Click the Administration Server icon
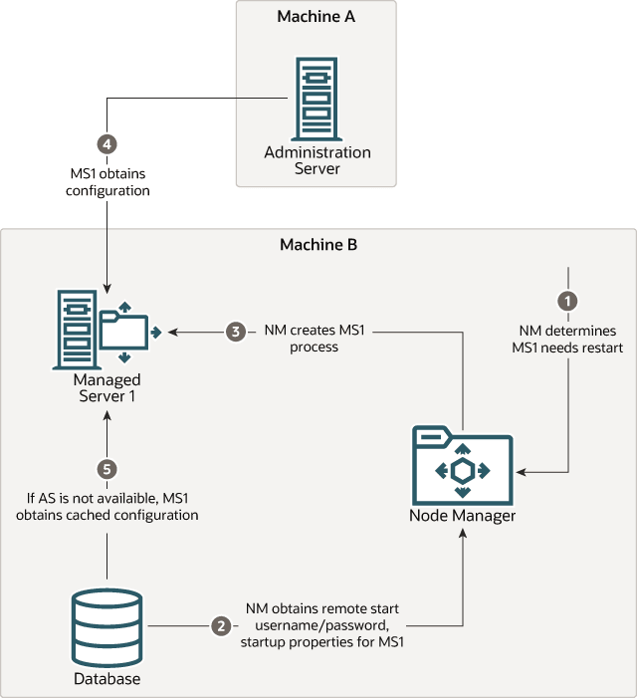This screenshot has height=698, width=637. tap(317, 99)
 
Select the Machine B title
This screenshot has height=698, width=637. tap(318, 245)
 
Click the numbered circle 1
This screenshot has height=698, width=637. tap(567, 299)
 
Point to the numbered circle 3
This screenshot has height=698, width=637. tap(235, 331)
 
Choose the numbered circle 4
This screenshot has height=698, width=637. tap(107, 142)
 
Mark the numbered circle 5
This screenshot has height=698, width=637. tap(107, 467)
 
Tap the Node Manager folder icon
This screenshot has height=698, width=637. tap(462, 466)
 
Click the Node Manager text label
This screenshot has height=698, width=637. tap(462, 516)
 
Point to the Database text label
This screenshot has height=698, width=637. tap(106, 679)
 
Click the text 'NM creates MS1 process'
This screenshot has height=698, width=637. tap(315, 339)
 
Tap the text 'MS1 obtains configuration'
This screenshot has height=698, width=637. tap(107, 181)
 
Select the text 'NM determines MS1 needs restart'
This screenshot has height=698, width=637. tap(568, 339)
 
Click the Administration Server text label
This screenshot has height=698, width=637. tap(318, 160)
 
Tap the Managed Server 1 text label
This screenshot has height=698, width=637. tap(106, 388)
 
